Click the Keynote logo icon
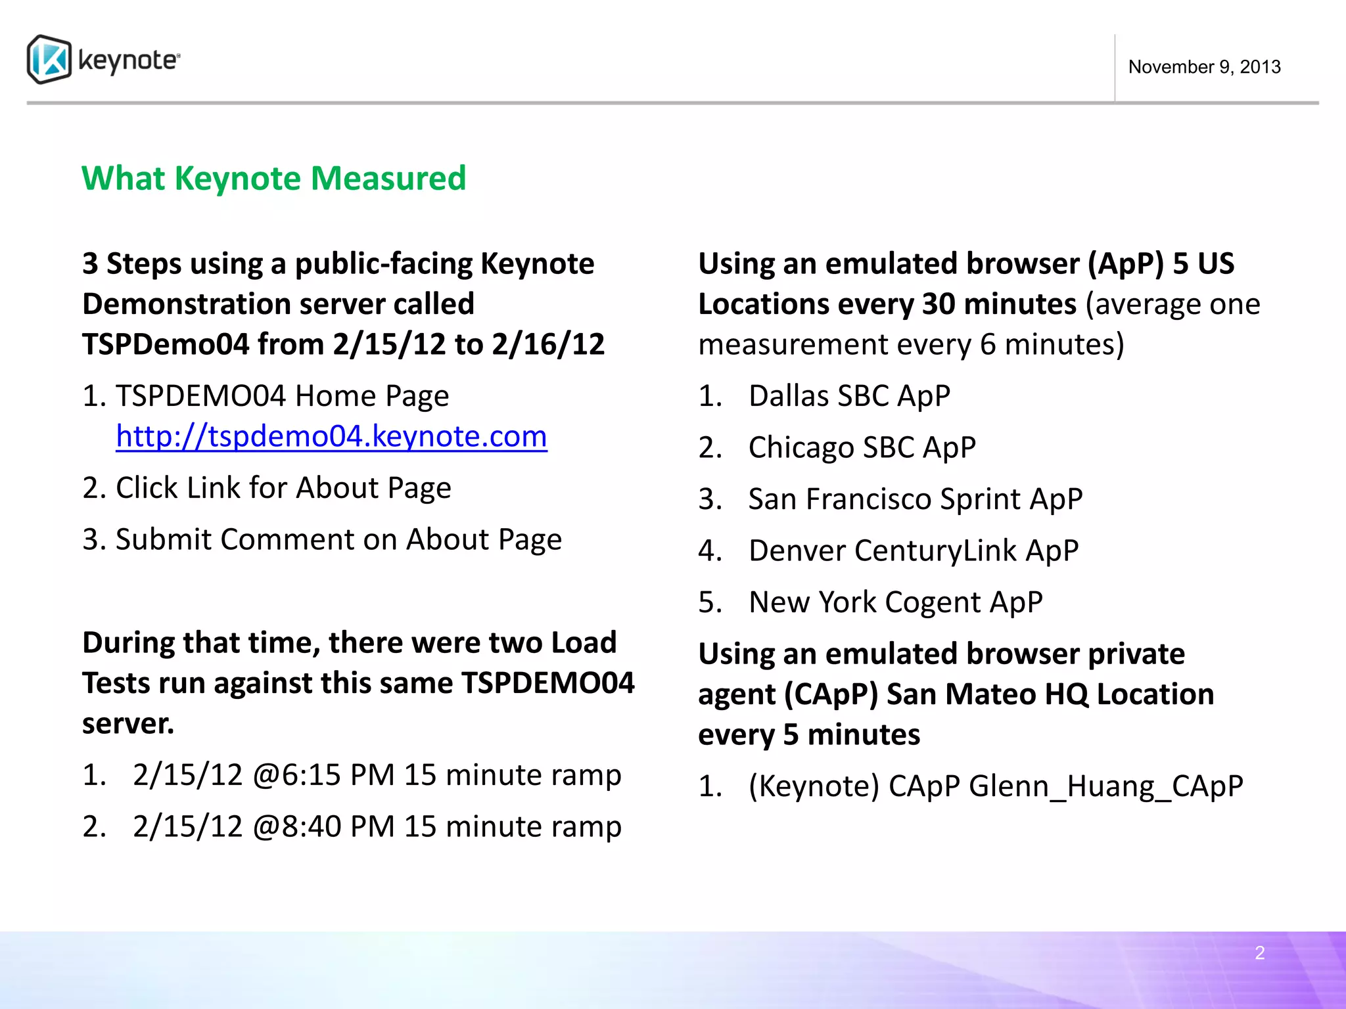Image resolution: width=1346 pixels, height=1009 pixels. pos(49,60)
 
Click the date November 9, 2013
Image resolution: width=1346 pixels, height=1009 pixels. pos(1204,67)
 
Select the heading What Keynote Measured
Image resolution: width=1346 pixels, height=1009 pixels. pos(273,179)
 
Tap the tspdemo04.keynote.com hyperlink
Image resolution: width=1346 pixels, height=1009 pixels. pos(331,436)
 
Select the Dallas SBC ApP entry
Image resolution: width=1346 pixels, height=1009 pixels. pos(849,396)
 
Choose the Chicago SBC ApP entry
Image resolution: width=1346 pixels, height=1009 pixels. pos(862,447)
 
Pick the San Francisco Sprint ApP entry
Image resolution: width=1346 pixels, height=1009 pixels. pos(915,499)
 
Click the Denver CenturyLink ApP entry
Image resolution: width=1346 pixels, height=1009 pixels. pos(913,550)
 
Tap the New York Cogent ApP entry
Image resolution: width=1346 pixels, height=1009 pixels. pos(895,602)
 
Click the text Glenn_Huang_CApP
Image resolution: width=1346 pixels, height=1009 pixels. pos(1105,786)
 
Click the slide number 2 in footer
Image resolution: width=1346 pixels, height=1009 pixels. pos(1259,953)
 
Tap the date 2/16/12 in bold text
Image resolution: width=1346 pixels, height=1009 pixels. pos(547,345)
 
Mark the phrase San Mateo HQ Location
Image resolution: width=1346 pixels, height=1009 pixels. pos(1050,694)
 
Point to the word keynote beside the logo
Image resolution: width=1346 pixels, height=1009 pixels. pos(128,60)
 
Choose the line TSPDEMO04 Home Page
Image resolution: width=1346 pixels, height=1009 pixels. pos(282,396)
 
